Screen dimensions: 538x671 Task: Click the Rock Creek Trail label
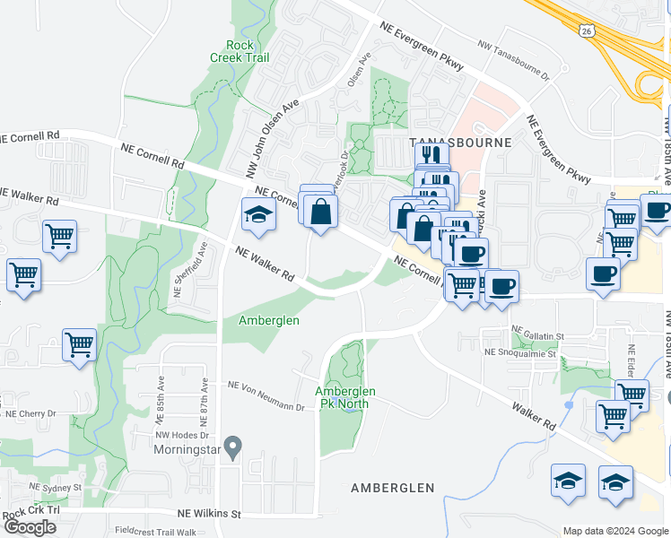pyautogui.click(x=240, y=51)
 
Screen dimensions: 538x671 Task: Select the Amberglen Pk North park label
pyautogui.click(x=345, y=397)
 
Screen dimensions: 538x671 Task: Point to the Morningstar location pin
pyautogui.click(x=233, y=445)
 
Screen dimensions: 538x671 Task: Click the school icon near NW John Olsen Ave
pyautogui.click(x=258, y=216)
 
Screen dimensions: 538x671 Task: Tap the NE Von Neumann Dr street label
pyautogui.click(x=266, y=396)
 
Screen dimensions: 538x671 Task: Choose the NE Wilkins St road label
pyautogui.click(x=210, y=514)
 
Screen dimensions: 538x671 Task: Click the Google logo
pyautogui.click(x=30, y=527)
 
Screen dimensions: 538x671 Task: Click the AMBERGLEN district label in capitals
pyautogui.click(x=392, y=488)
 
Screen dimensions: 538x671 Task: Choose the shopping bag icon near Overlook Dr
pyautogui.click(x=319, y=213)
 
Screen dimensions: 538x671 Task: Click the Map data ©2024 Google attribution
pyautogui.click(x=615, y=531)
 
